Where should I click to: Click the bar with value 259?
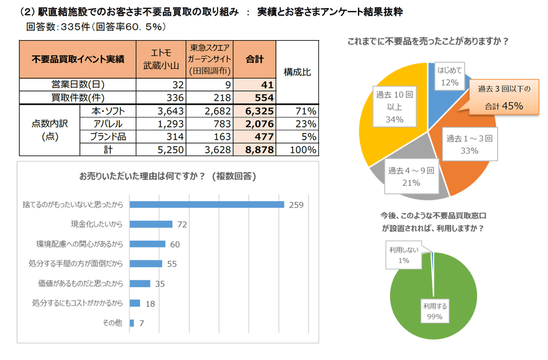point(206,204)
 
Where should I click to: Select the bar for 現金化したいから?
point(151,224)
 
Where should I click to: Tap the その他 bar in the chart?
point(132,323)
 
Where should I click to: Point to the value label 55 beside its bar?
point(171,264)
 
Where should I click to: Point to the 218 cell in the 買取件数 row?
point(210,97)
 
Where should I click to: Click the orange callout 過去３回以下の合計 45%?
point(504,97)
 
